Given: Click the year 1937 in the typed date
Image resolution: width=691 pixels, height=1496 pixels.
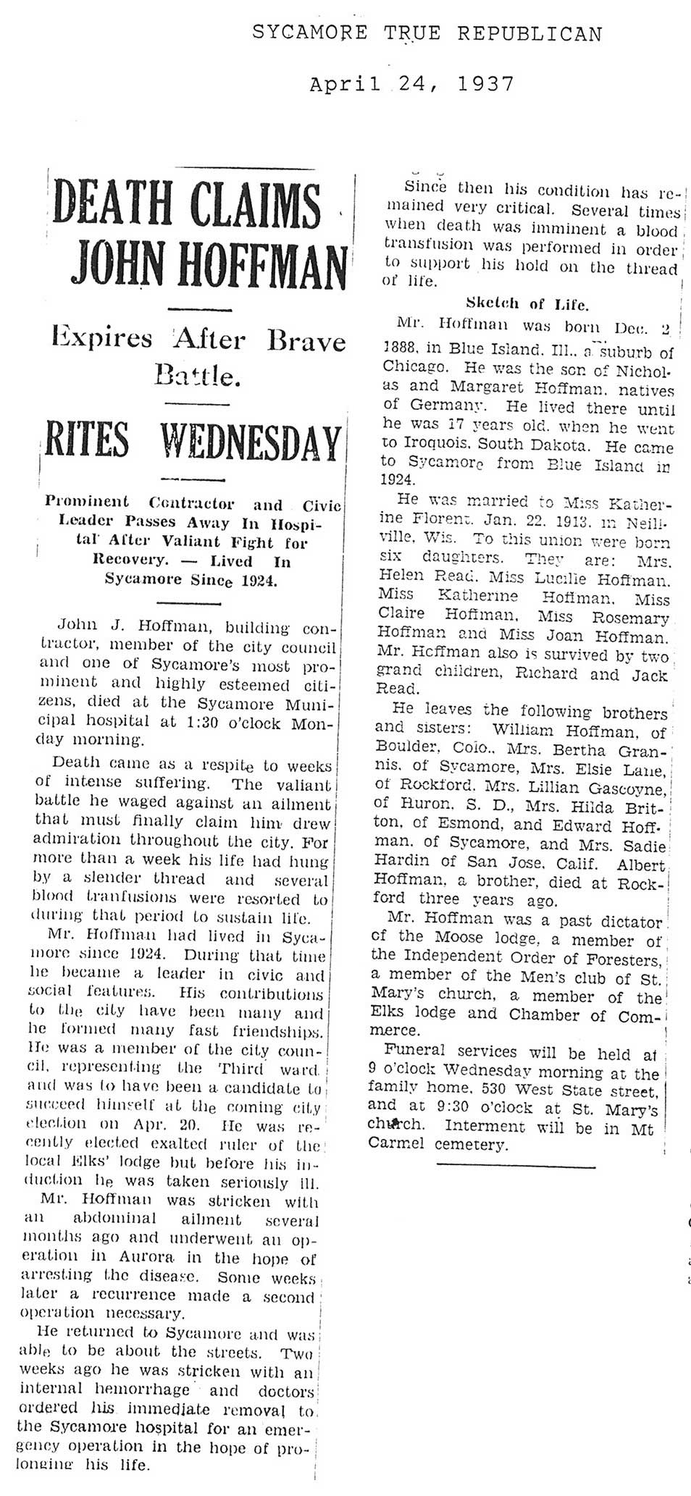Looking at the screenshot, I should coord(485,84).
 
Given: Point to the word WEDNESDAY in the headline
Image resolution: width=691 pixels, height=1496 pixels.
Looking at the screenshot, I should coord(251,442).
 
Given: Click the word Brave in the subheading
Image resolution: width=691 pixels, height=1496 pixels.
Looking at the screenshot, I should coord(306,340).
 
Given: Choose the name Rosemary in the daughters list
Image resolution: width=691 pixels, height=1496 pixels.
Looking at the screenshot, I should coord(629,618).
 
